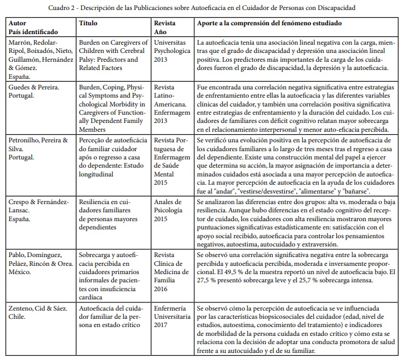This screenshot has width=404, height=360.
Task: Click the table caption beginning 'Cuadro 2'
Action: (201, 7)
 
